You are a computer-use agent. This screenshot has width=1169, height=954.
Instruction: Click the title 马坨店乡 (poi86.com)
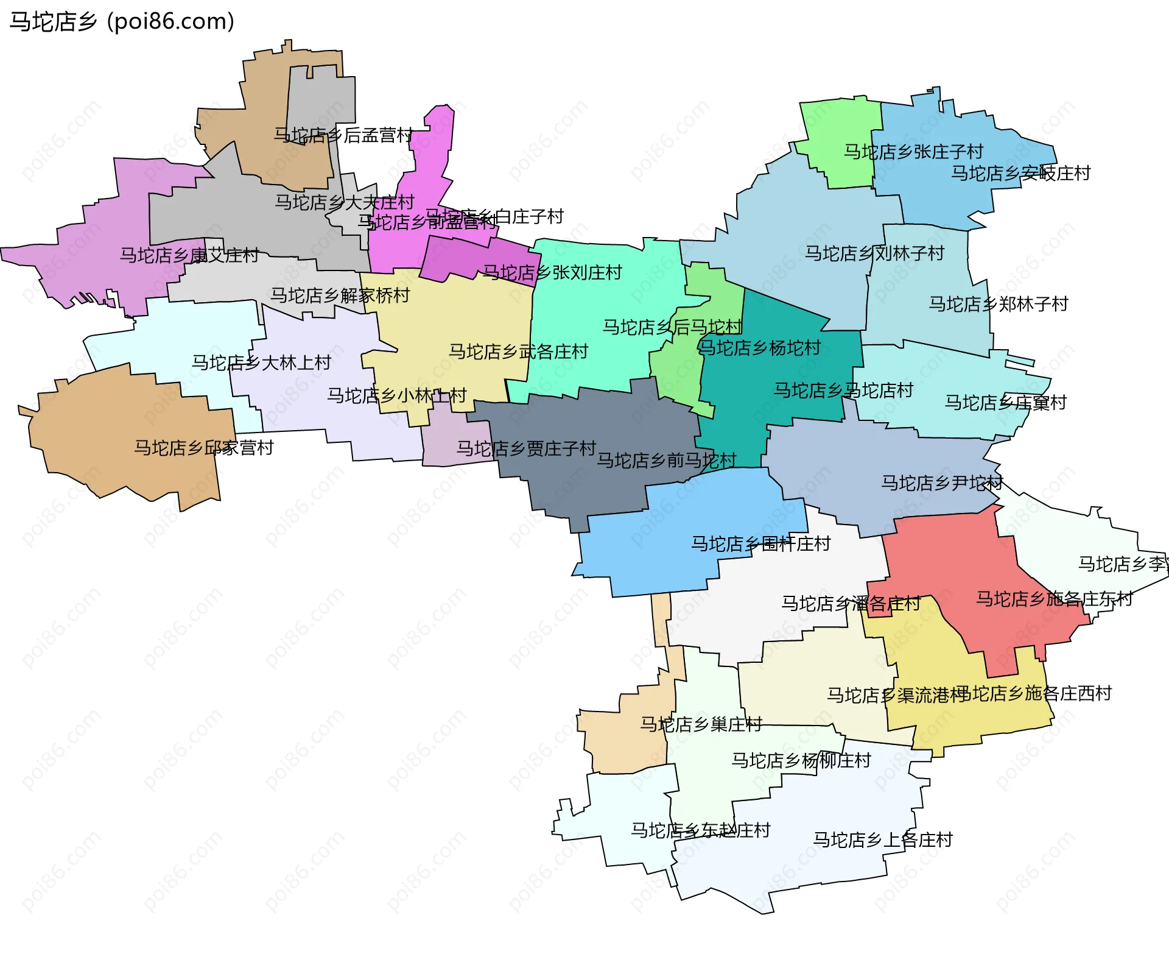click(x=122, y=21)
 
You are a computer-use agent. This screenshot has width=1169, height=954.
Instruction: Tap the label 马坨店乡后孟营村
click(x=343, y=135)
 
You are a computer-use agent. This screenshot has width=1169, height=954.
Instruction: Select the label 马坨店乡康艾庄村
click(x=189, y=255)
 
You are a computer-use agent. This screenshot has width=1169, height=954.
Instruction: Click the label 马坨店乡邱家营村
click(x=204, y=448)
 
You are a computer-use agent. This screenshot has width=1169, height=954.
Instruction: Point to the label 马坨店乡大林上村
click(x=261, y=363)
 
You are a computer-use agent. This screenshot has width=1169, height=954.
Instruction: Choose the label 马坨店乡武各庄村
click(x=518, y=352)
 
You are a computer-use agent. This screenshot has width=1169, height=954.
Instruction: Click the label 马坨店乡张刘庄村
click(x=552, y=272)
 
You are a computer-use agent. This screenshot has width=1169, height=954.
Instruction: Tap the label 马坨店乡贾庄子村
click(x=526, y=449)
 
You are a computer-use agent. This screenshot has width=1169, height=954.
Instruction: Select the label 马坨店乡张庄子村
click(x=913, y=152)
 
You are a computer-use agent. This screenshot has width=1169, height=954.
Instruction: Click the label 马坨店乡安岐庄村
click(x=1020, y=174)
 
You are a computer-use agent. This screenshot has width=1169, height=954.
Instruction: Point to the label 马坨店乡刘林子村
click(x=874, y=253)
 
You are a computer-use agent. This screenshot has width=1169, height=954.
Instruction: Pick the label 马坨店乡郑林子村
click(x=999, y=304)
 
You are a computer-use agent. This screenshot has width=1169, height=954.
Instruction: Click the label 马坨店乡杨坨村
click(x=759, y=348)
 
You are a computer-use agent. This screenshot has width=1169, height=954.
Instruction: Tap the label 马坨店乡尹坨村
click(x=941, y=483)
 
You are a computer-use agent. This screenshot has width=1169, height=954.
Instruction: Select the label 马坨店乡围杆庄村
click(x=760, y=544)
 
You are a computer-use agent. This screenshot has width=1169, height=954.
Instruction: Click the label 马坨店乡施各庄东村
click(x=1054, y=599)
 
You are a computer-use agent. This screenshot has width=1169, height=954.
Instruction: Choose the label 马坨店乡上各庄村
click(x=883, y=840)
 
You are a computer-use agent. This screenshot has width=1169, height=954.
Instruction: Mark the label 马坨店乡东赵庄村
click(x=700, y=830)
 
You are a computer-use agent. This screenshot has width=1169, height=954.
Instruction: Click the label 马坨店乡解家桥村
click(x=340, y=296)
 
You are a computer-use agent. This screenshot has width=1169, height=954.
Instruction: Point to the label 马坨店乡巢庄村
click(x=701, y=725)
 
